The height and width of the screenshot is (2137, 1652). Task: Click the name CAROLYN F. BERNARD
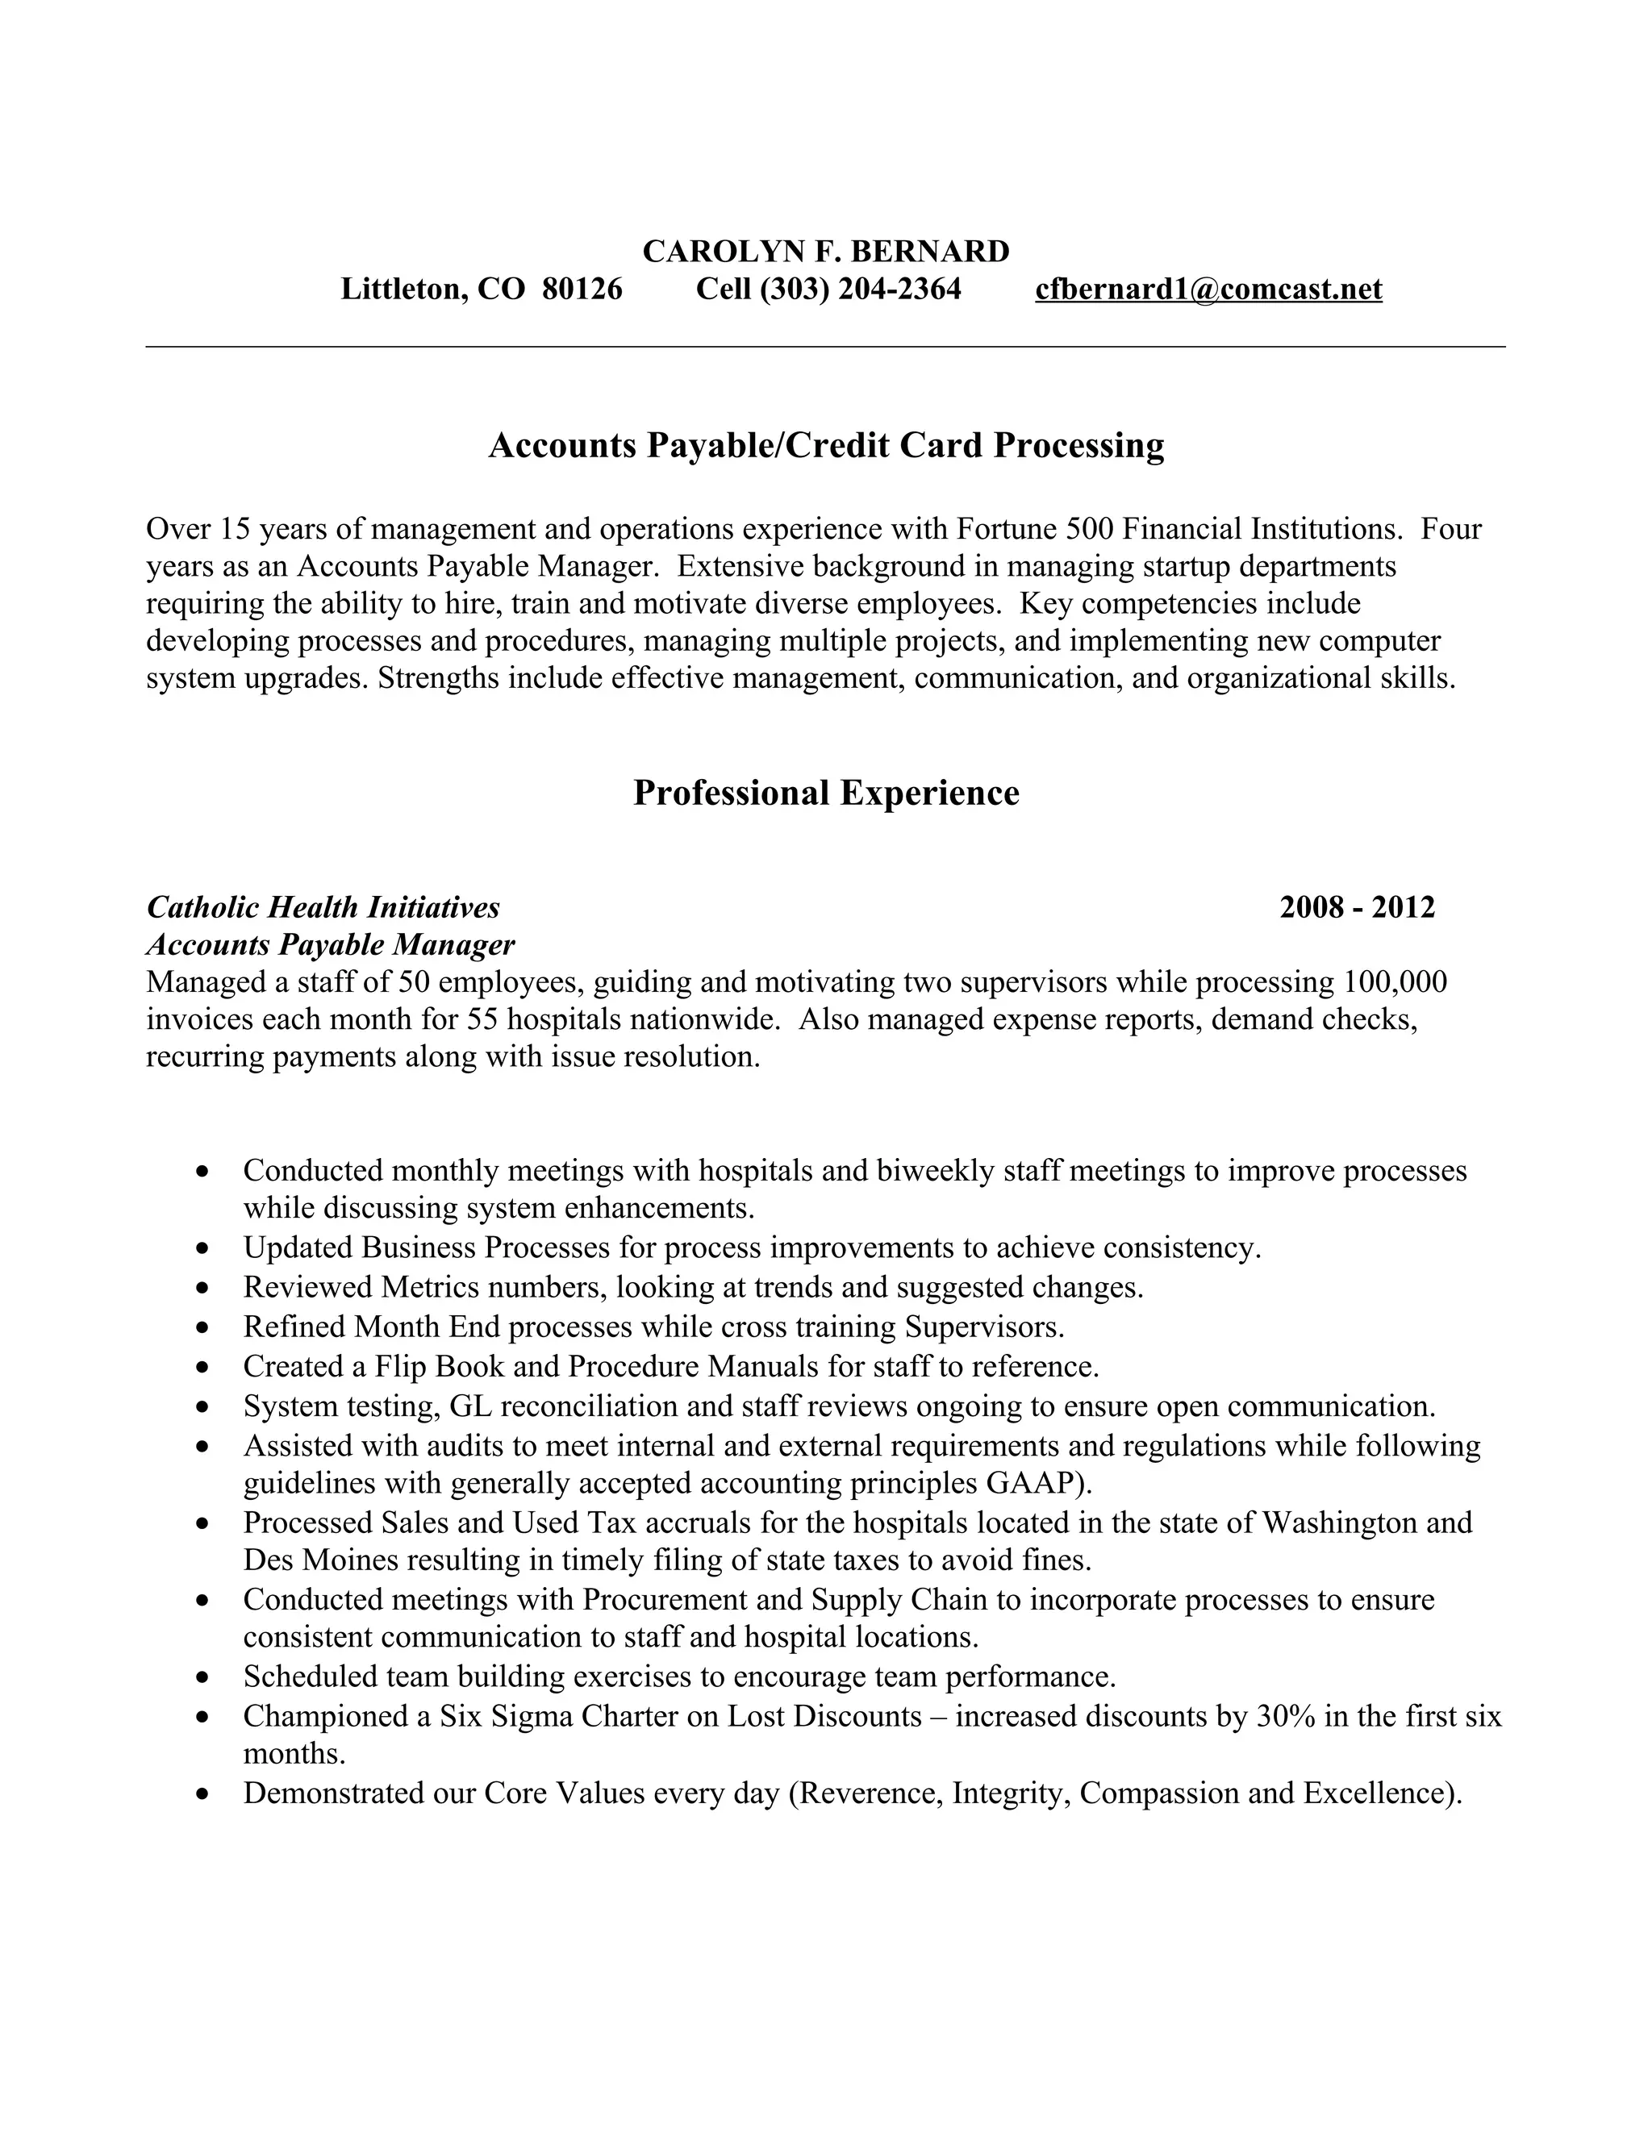coord(825,252)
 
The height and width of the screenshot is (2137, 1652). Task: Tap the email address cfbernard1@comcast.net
coord(1208,289)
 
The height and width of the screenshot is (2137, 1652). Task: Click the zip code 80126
coord(582,289)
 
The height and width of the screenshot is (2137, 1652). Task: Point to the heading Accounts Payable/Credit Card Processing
coord(825,445)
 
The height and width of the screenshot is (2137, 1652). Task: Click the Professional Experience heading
coord(825,793)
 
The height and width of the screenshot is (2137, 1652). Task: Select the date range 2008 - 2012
coord(1357,907)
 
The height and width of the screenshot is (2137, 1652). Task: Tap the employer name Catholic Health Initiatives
coord(323,907)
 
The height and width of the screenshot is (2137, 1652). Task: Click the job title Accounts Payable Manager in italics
coord(330,944)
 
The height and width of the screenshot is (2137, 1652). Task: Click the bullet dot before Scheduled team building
coord(202,1678)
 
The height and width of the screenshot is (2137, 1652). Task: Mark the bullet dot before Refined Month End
coord(202,1329)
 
